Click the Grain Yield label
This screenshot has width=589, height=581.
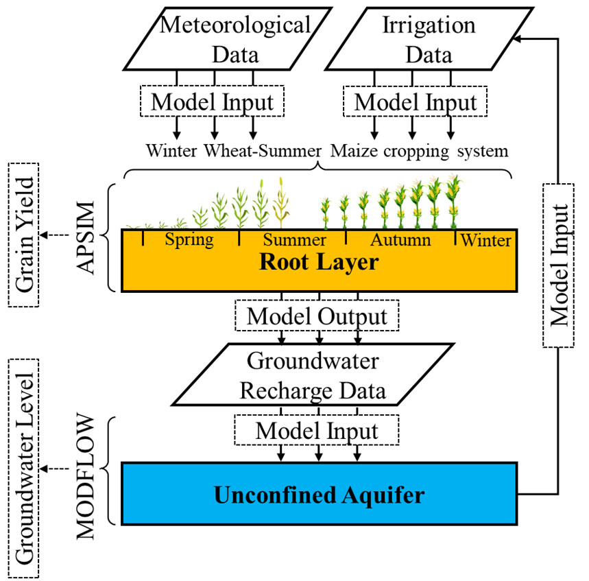tap(24, 235)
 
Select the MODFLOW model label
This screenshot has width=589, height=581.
tap(84, 476)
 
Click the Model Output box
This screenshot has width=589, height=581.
tap(317, 316)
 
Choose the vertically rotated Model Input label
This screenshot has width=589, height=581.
tap(559, 265)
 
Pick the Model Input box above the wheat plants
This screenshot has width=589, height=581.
tap(212, 102)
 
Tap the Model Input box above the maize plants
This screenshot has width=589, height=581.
tap(415, 102)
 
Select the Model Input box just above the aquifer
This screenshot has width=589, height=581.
tap(317, 431)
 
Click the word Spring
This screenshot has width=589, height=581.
tap(189, 239)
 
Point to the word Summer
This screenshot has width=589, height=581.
tap(294, 240)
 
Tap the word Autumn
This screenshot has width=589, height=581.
tap(400, 239)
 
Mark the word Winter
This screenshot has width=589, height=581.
tap(485, 240)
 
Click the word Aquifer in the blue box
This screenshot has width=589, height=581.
tap(382, 495)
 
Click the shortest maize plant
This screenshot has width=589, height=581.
tap(325, 213)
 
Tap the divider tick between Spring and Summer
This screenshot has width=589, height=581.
tap(239, 238)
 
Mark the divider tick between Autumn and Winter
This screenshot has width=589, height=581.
tap(456, 238)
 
